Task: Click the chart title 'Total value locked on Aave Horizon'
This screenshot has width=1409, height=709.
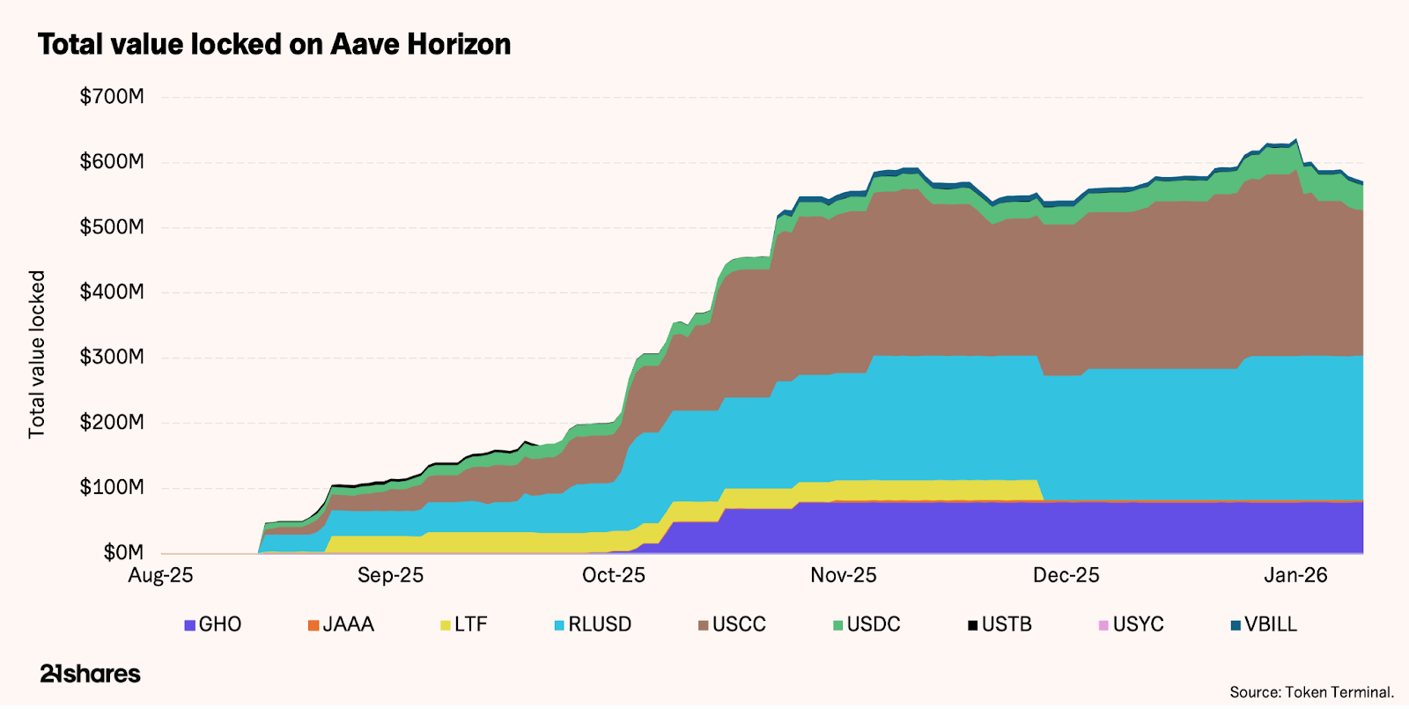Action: (274, 44)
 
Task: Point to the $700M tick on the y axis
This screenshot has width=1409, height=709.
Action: (112, 97)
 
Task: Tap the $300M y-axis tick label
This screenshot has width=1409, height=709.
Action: (112, 358)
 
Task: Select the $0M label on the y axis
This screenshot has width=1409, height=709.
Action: (123, 553)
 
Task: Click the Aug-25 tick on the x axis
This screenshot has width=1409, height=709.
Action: (160, 576)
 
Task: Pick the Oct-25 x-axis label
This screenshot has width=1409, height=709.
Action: (614, 576)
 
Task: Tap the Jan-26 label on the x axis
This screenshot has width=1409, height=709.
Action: (1295, 576)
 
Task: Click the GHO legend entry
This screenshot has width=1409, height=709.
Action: (212, 624)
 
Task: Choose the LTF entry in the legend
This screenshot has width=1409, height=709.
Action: (464, 624)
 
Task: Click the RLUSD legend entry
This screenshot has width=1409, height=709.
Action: (593, 624)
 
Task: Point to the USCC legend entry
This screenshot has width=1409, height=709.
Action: (732, 624)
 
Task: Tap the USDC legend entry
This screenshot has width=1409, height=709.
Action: (867, 624)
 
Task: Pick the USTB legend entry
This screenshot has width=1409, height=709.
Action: (1000, 624)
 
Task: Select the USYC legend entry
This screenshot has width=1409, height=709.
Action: (1131, 624)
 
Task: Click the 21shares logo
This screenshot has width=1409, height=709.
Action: (90, 675)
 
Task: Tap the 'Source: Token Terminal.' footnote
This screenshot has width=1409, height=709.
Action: (1311, 692)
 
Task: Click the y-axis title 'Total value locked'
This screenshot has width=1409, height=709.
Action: (37, 354)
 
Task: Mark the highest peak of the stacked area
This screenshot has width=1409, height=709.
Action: (1295, 139)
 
